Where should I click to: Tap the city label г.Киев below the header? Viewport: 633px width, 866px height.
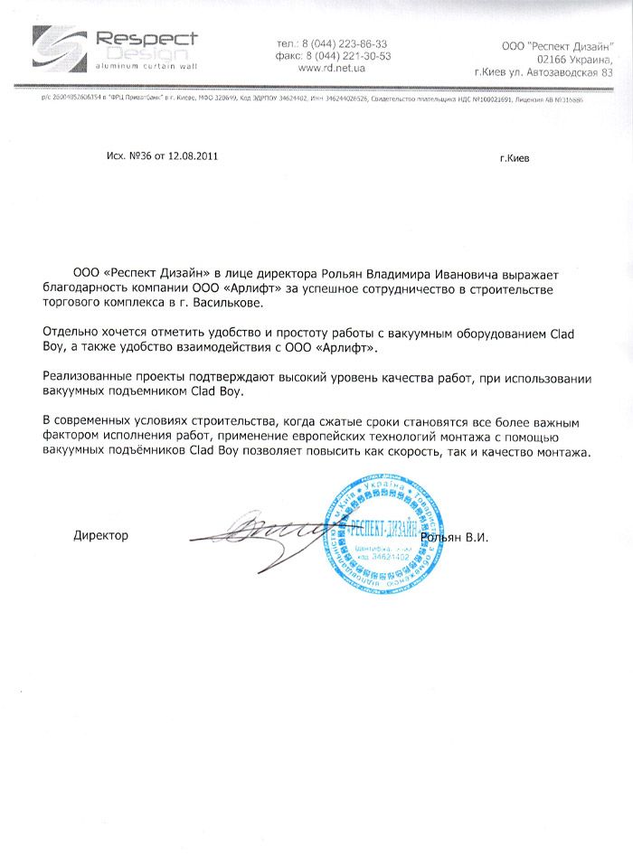click(515, 157)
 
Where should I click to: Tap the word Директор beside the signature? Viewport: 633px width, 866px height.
click(100, 535)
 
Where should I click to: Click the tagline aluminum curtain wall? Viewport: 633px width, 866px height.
click(146, 67)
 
